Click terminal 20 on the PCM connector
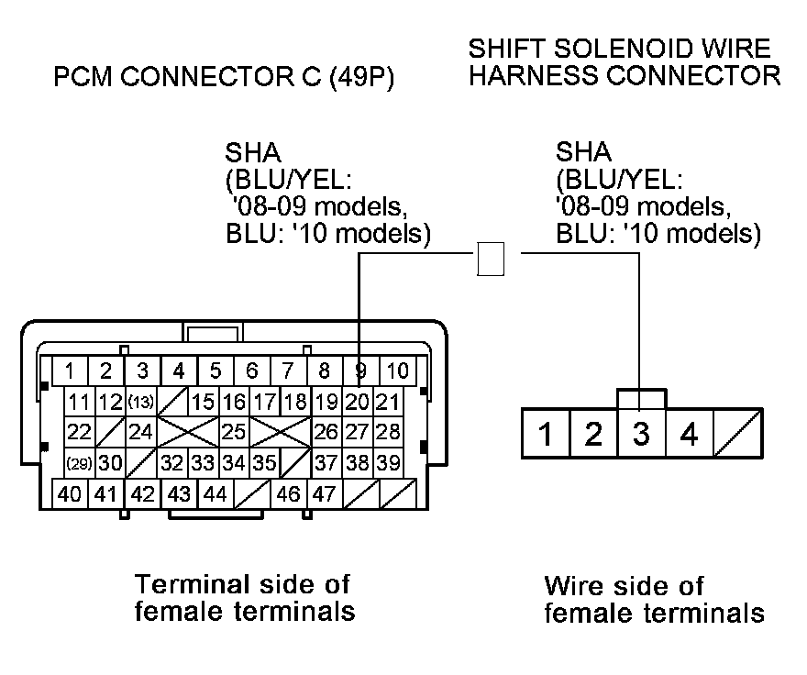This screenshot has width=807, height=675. pyautogui.click(x=359, y=402)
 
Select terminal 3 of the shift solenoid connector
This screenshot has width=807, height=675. pyautogui.click(x=641, y=433)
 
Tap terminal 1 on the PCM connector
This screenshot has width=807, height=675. pyautogui.click(x=70, y=371)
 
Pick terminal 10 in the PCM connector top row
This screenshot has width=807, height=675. pyautogui.click(x=398, y=371)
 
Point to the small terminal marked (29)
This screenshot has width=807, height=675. pyautogui.click(x=80, y=463)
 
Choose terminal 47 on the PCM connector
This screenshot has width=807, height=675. pyautogui.click(x=323, y=494)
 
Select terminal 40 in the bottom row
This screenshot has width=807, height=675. pyautogui.click(x=70, y=494)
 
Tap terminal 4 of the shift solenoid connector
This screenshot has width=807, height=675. pyautogui.click(x=689, y=433)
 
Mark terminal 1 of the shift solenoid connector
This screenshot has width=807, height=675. pyautogui.click(x=546, y=433)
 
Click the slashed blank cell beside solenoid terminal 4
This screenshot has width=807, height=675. pyautogui.click(x=736, y=433)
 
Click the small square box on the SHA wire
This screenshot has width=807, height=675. pyautogui.click(x=492, y=259)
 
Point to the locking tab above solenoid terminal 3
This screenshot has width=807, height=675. pyautogui.click(x=641, y=398)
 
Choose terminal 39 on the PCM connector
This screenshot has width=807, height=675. pyautogui.click(x=388, y=463)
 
